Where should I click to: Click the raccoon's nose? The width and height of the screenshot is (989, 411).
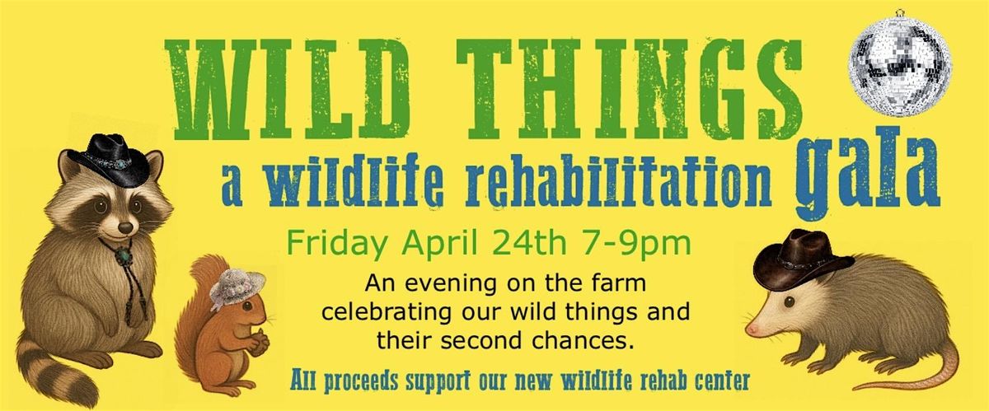pyautogui.click(x=125, y=228)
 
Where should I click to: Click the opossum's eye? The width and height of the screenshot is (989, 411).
pyautogui.click(x=789, y=302)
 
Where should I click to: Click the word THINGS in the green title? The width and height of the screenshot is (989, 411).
pyautogui.click(x=628, y=89)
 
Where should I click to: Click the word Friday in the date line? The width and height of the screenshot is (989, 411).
pyautogui.click(x=335, y=245)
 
